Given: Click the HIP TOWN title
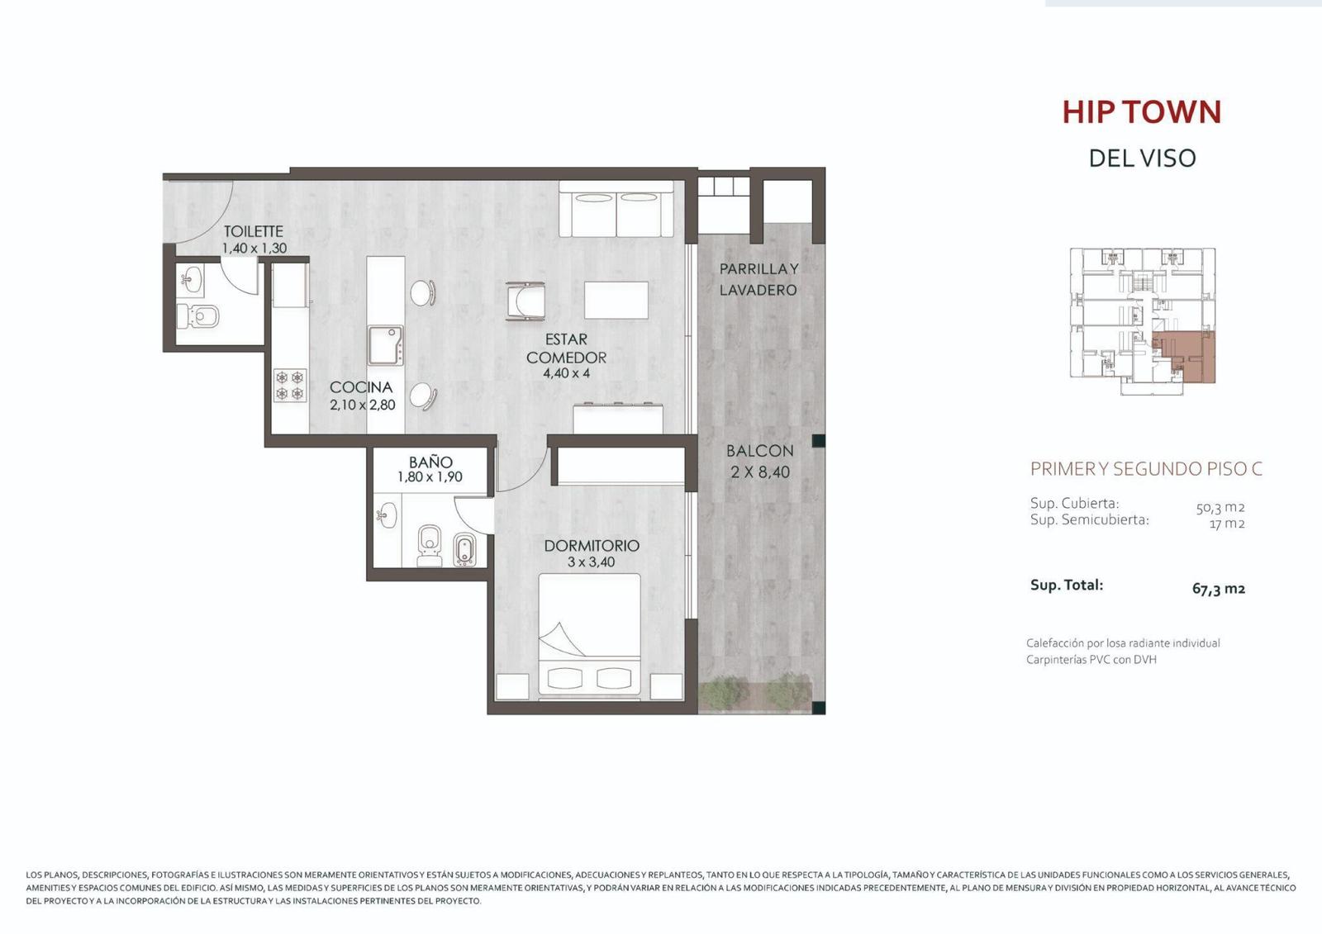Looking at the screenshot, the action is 1141,111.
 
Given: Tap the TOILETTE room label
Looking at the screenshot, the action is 253,231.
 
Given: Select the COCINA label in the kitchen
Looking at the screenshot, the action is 361,387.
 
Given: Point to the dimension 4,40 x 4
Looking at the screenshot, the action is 567,373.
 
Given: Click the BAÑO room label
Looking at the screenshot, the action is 430,462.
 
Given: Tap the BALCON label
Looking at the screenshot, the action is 759,451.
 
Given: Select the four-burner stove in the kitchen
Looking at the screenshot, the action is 290,386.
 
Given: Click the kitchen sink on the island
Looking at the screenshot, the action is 385,346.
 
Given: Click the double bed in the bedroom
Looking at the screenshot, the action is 590,637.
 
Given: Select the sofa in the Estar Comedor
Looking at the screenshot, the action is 616,210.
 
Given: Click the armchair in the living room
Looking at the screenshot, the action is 525,301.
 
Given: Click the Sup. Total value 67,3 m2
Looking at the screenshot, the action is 1219,588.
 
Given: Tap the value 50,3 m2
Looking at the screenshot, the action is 1220,507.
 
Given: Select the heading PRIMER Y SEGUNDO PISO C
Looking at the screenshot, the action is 1146,468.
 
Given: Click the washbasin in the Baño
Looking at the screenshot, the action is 387,515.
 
